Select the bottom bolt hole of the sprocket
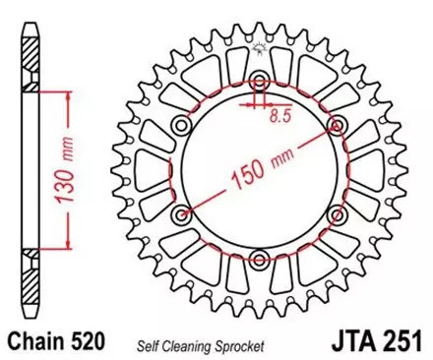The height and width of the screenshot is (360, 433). pyautogui.click(x=259, y=259)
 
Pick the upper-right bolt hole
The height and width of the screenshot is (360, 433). pyautogui.click(x=337, y=125)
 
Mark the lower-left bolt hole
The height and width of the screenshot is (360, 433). pyautogui.click(x=181, y=213)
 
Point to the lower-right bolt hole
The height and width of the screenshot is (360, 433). pyautogui.click(x=337, y=213)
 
